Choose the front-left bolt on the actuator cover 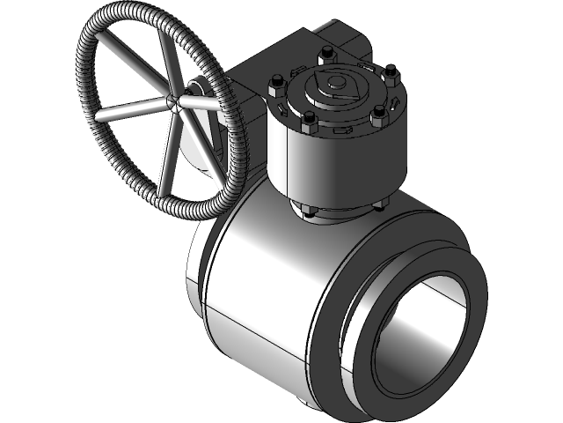coord(309,121)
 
